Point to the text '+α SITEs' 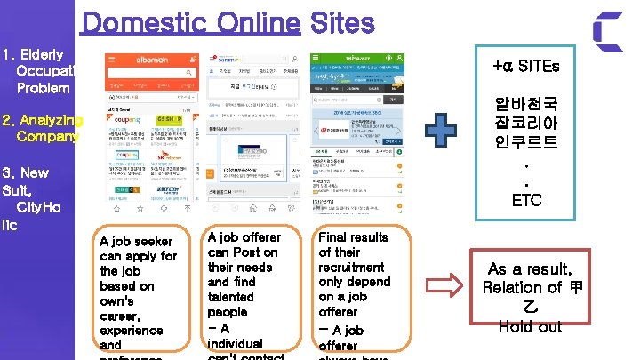pos(526,68)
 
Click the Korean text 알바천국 pos(526,106)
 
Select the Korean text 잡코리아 pos(526,125)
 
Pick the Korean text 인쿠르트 pos(526,144)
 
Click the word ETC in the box pos(526,200)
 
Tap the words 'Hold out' pos(530,326)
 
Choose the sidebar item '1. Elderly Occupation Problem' pos(39,71)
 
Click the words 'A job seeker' pos(137,242)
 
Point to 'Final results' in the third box pos(353,237)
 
